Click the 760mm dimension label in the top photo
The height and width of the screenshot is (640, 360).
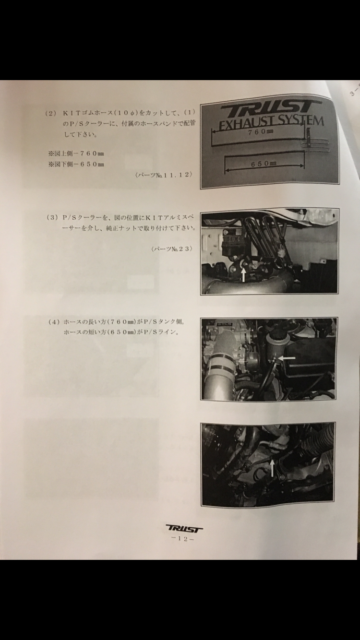[261, 132]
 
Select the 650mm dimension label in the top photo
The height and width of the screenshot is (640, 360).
[264, 164]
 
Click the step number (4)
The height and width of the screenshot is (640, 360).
[54, 322]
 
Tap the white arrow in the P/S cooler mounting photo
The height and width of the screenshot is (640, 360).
[243, 275]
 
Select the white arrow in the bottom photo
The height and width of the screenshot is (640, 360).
[272, 468]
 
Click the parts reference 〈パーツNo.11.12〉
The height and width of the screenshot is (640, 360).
[163, 175]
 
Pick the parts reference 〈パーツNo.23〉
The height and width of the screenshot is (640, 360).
[171, 249]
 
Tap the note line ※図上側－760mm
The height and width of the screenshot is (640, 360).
[76, 154]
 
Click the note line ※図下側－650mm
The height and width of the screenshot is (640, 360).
[76, 164]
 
